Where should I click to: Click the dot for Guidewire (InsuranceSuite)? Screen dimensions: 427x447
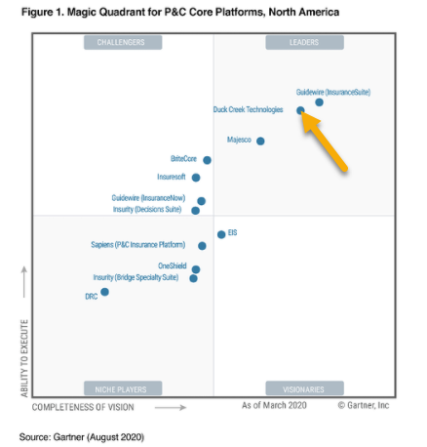[x=319, y=102]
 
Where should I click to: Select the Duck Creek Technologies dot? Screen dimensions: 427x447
[x=300, y=110]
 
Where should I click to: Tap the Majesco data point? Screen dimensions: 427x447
[x=260, y=141]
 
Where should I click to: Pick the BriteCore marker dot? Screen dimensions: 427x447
[x=207, y=160]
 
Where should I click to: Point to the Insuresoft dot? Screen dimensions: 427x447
[x=196, y=178]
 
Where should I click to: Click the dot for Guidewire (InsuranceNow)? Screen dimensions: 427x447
[x=202, y=201]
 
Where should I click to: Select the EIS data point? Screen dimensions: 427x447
[x=221, y=234]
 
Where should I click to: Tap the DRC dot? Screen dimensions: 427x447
[x=104, y=292]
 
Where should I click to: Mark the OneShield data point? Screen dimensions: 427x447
[x=196, y=269]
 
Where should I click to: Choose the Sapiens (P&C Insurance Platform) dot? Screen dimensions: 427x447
[x=202, y=246]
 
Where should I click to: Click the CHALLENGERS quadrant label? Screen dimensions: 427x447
[x=123, y=42]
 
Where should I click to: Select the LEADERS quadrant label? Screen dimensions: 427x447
[x=304, y=42]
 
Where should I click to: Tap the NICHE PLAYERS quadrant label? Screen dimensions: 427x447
[x=123, y=388]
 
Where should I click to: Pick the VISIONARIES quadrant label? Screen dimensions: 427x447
[x=304, y=388]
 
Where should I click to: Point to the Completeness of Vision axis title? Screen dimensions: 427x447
[x=83, y=407]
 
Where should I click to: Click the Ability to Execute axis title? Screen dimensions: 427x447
[x=24, y=358]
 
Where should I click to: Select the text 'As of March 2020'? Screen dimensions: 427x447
[x=274, y=405]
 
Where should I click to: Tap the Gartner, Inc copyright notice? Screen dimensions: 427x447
[x=364, y=405]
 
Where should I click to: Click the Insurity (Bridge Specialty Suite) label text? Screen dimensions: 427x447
[x=136, y=277]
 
